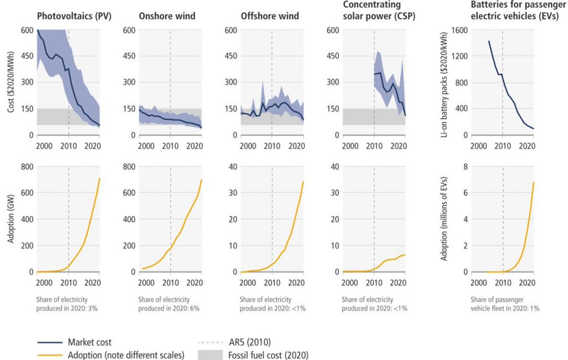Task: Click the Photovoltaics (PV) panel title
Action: (74, 16)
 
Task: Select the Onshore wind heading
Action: (166, 16)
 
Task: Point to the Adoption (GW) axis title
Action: (12, 219)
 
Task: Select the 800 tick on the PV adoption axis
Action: (27, 166)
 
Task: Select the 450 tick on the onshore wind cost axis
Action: (129, 56)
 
